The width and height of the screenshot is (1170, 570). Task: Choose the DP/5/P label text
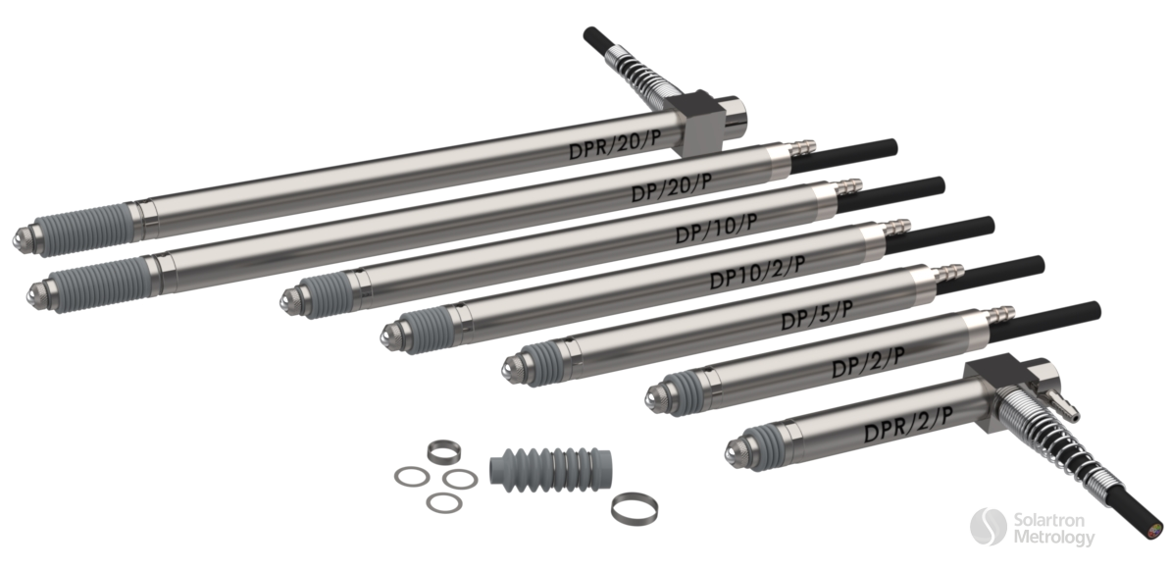point(816,316)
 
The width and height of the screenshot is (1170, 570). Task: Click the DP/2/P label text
point(868,363)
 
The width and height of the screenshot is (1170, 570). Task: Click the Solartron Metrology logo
point(1033,528)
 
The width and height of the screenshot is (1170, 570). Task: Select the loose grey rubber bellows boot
point(551,470)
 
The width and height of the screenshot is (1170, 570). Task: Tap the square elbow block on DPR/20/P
point(695,122)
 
